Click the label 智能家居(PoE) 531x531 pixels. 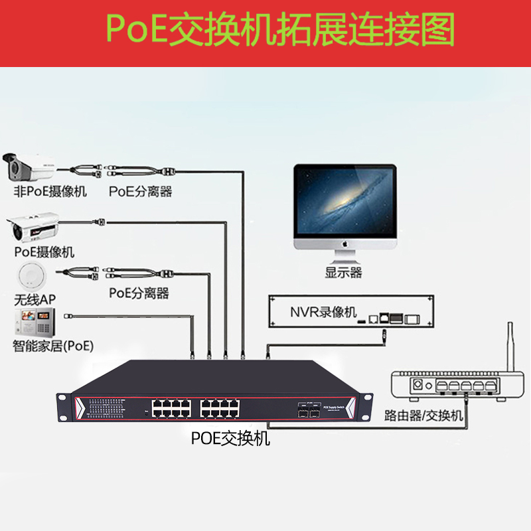point(54,346)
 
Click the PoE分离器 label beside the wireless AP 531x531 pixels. point(139,293)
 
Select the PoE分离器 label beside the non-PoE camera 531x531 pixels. point(140,192)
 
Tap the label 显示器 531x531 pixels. point(343,272)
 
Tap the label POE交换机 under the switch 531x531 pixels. point(230,438)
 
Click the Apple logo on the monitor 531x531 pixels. point(345,244)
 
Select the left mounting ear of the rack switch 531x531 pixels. point(65,406)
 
